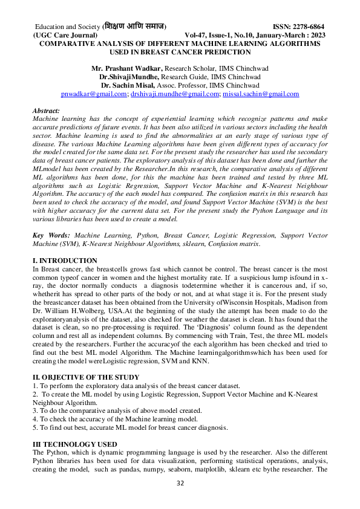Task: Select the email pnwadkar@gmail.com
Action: coord(92,94)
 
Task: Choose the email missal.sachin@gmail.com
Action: coord(261,94)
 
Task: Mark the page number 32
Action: coord(180,484)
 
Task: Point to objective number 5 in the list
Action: coord(130,427)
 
